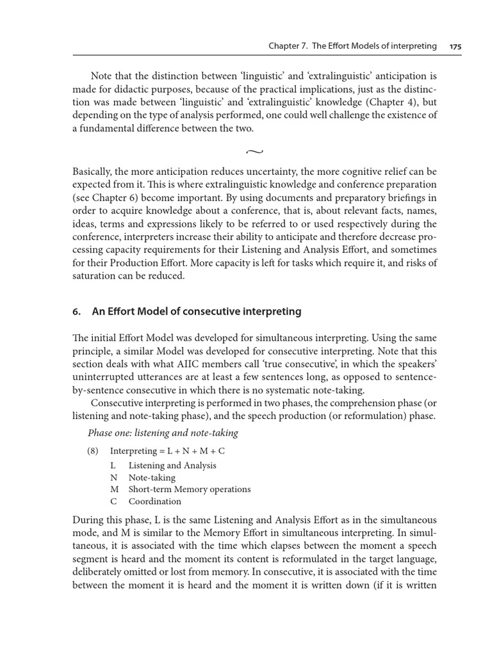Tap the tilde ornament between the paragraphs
[x=254, y=152]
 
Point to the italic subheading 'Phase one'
[x=109, y=433]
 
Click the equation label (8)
[x=94, y=450]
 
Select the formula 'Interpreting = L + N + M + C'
[x=167, y=450]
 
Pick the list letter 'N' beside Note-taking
[x=113, y=477]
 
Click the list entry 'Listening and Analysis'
[x=172, y=466]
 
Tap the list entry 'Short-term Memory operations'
[x=189, y=489]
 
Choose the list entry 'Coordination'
[x=154, y=502]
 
